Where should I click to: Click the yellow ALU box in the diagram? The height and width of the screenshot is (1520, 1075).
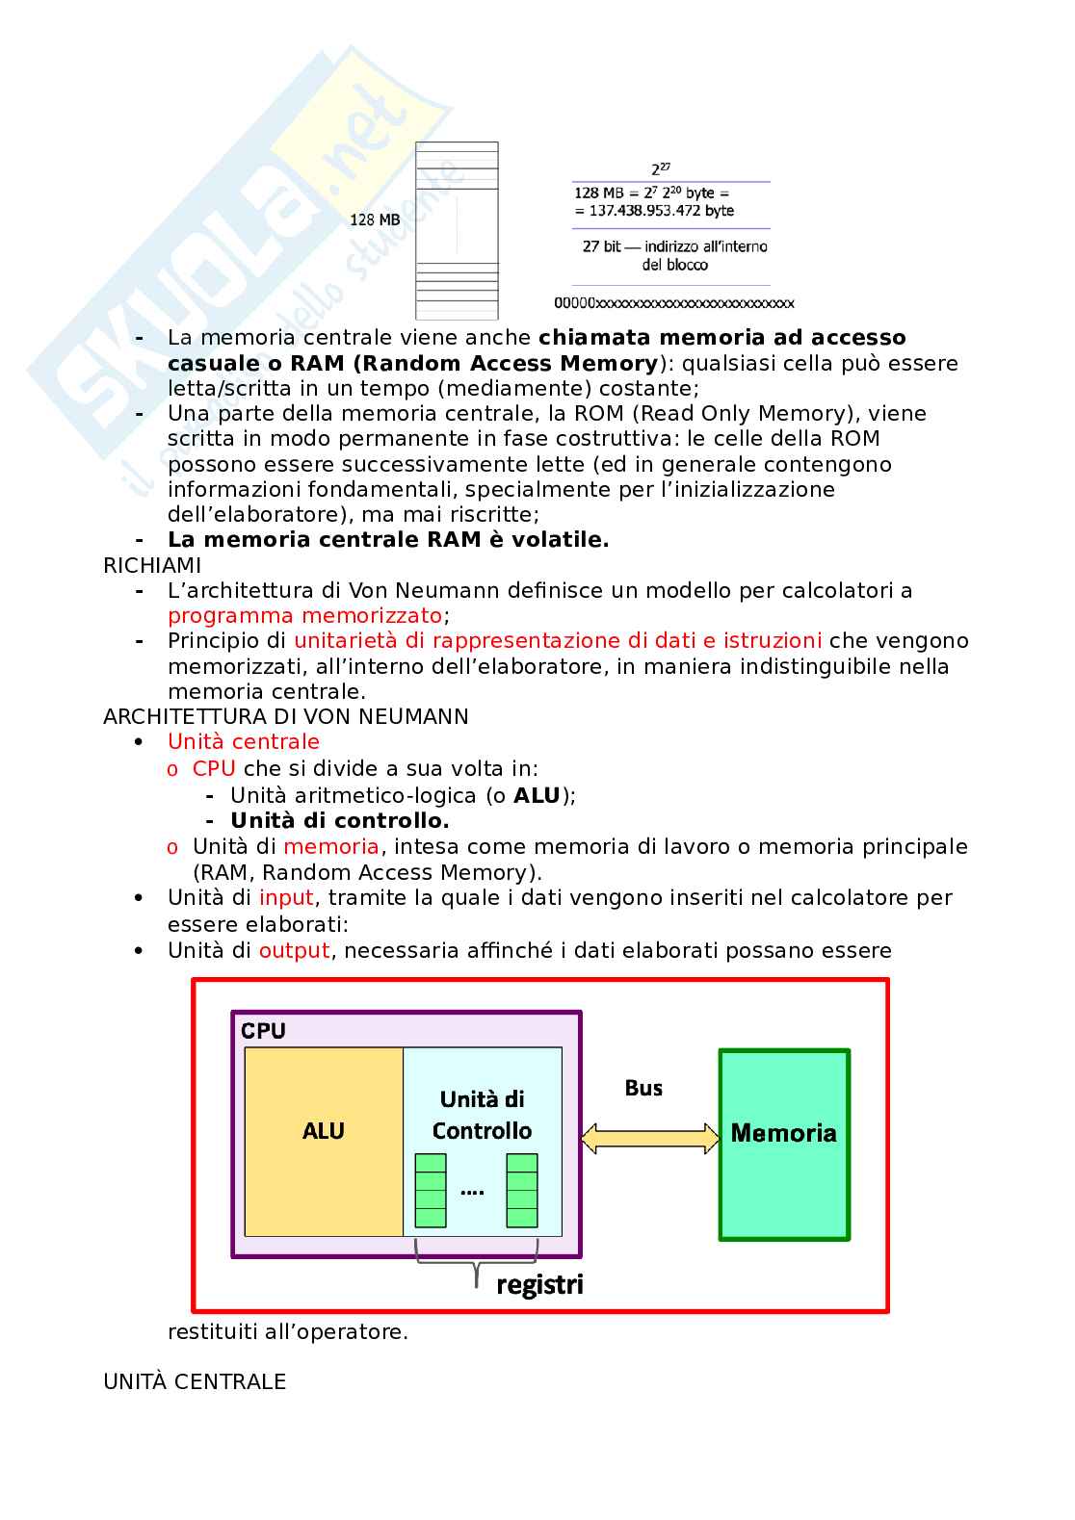coord(324,1141)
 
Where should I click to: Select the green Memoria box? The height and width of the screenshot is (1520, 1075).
coord(784,1144)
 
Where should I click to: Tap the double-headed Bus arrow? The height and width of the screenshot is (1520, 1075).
coord(650,1138)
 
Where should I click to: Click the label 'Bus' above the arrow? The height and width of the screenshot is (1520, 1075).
coord(643,1088)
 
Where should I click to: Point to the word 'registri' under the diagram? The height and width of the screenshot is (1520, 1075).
coord(539,1285)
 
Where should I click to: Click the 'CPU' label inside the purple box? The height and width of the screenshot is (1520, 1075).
coord(263,1030)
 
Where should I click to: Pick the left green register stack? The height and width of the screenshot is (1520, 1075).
coord(431,1190)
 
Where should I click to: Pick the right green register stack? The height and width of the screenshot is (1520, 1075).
coord(522,1190)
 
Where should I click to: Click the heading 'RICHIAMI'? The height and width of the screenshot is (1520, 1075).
coord(152,565)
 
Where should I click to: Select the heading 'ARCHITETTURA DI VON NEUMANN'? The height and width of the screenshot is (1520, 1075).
coord(286,716)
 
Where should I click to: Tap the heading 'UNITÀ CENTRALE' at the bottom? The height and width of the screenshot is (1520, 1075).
coord(195,1381)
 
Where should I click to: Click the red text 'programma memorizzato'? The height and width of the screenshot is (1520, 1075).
coord(305,615)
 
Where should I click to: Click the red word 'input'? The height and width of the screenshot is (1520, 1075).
coord(286,897)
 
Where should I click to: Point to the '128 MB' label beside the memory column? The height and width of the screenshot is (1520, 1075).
coord(375,219)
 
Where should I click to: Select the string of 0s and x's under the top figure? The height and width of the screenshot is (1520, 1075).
coord(673,303)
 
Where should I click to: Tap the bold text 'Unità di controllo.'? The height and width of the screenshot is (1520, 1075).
coord(340,820)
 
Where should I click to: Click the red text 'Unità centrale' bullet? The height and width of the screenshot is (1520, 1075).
coord(244,741)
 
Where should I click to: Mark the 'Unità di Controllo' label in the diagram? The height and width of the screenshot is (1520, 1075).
coord(482,1115)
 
